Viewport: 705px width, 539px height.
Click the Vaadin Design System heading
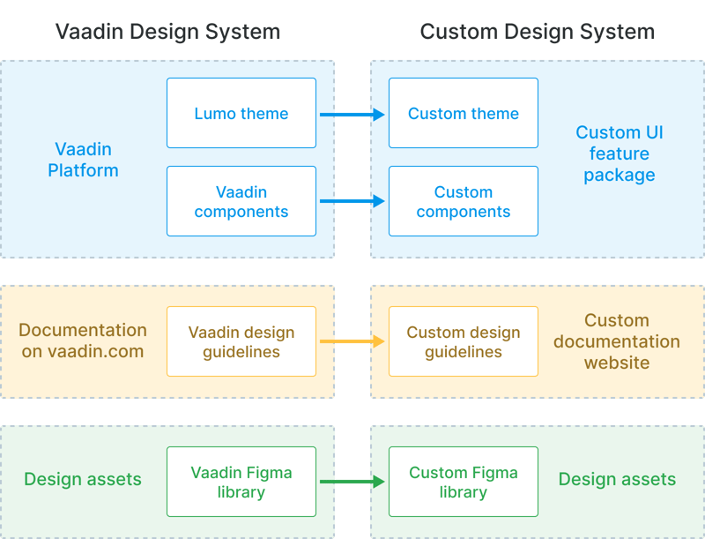[x=167, y=33]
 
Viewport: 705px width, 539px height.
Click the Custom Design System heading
[x=537, y=33]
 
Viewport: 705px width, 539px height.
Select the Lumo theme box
[x=241, y=113]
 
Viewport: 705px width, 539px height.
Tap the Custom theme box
[x=464, y=113]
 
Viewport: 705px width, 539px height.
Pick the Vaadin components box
[x=241, y=201]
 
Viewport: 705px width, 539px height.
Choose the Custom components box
[x=464, y=201]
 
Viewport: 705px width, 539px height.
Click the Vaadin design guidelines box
[x=241, y=341]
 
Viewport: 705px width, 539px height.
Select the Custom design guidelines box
[x=464, y=341]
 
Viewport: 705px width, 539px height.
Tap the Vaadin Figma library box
[x=241, y=482]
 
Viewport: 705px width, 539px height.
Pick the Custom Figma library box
[x=464, y=482]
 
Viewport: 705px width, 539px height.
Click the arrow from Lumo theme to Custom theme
[x=352, y=114]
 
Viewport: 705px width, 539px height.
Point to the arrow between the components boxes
[x=352, y=201]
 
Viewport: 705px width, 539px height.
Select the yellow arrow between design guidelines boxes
[x=352, y=341]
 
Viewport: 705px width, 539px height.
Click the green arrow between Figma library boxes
[x=352, y=482]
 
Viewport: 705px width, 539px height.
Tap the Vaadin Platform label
[x=83, y=160]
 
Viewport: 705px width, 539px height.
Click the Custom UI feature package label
[x=619, y=153]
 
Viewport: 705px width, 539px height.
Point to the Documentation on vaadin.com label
[x=83, y=341]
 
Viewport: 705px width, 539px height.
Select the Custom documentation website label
[x=617, y=341]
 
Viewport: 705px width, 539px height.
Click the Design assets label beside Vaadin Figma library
[x=83, y=480]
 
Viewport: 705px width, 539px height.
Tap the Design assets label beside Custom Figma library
[x=617, y=480]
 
